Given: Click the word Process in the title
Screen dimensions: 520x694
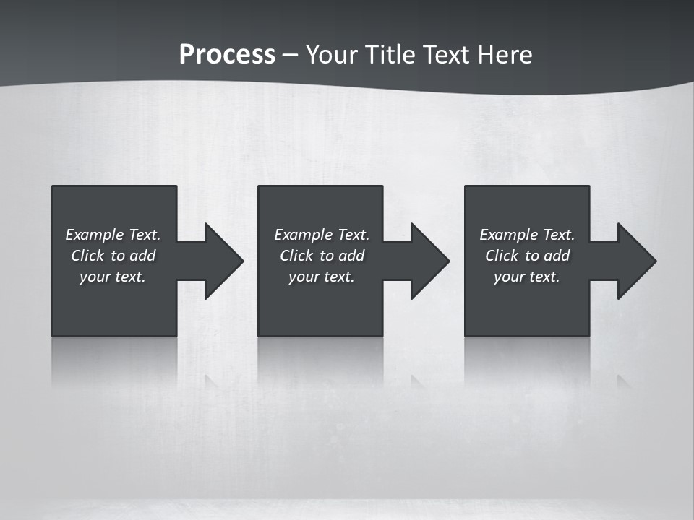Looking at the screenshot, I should (227, 55).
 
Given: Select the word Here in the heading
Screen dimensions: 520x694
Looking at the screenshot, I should (504, 55).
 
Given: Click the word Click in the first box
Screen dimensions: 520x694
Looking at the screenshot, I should (87, 256).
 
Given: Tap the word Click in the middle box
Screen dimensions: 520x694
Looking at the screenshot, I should (296, 256).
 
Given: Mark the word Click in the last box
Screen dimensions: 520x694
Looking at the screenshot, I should (502, 256).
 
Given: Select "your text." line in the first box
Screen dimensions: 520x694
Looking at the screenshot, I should (113, 277).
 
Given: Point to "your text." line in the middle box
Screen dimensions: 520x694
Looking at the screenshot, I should (322, 277).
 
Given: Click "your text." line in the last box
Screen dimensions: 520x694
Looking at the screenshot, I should (527, 277).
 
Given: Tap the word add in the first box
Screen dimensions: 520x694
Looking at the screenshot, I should (142, 256).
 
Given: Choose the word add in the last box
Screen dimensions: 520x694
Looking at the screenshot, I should (557, 256).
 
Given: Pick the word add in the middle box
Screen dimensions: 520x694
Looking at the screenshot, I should (351, 256).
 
